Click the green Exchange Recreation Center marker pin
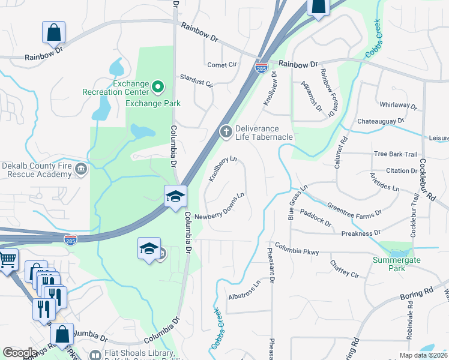pos(158,88)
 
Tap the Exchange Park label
pos(153,103)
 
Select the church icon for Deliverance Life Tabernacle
pos(226,132)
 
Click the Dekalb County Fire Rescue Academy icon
pos(80,170)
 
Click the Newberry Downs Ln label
pos(220,206)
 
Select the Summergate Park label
pos(396,264)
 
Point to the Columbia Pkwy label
pos(297,249)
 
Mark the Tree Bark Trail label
pos(395,154)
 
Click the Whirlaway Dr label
pos(396,106)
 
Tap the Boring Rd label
pos(416,294)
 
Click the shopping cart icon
pos(7,261)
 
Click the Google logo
pos(20,352)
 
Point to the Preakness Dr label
pos(360,233)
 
